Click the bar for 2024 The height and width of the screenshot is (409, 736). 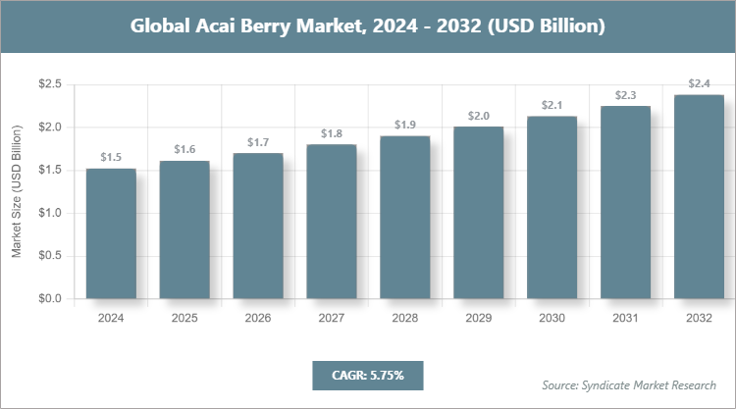[x=111, y=233]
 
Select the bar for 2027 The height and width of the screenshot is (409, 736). [x=332, y=222]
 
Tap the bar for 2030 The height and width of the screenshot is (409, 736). [x=552, y=207]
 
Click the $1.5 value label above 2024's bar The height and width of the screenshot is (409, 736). [x=111, y=157]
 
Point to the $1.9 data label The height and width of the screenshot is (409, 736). [x=405, y=125]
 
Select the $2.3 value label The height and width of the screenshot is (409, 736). [x=626, y=95]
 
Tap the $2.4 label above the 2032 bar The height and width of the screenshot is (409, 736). [x=700, y=83]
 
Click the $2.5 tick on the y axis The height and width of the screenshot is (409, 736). [x=49, y=84]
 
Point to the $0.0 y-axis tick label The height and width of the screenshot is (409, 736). [x=49, y=298]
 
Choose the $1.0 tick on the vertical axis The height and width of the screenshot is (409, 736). [x=49, y=213]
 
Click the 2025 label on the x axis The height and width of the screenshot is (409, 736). [x=184, y=319]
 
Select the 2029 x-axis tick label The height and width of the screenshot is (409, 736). [x=479, y=319]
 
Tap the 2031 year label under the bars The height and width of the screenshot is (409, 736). [x=626, y=319]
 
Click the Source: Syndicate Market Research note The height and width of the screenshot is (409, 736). [x=629, y=383]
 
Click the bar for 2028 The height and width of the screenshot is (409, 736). [x=405, y=217]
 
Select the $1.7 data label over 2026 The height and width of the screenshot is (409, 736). [x=258, y=142]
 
